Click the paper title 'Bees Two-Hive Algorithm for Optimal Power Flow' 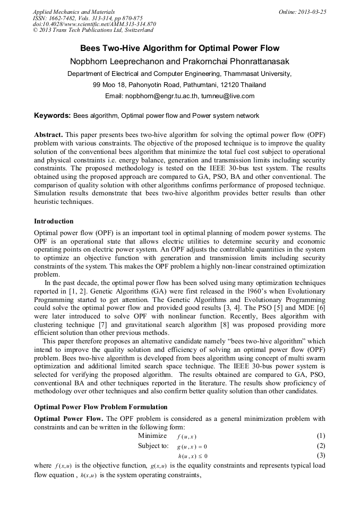click(179, 48)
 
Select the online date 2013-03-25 click(302, 12)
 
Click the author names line click(179, 62)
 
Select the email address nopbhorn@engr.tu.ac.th click(161, 96)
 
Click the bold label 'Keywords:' click(52, 115)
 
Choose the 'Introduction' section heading click(54, 221)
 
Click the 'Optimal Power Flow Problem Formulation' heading click(100, 407)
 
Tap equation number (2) click(321, 446)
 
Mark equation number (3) click(321, 455)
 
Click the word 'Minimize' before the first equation click(152, 436)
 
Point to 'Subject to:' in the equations click(153, 446)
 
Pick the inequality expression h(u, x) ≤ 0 click(192, 456)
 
